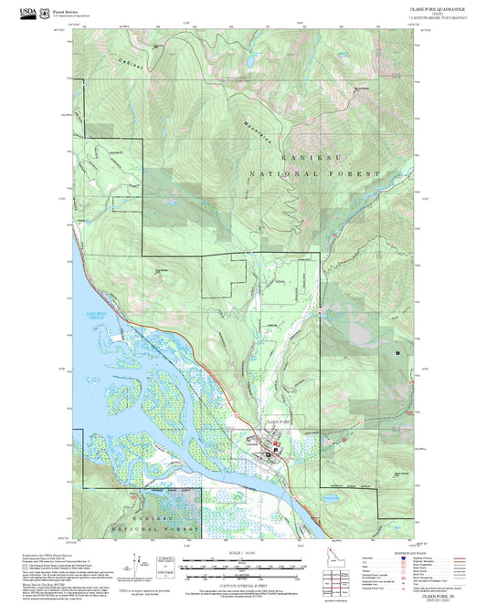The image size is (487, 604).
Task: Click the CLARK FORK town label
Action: tap(277, 422)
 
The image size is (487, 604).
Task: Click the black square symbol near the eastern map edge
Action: tap(397, 352)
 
